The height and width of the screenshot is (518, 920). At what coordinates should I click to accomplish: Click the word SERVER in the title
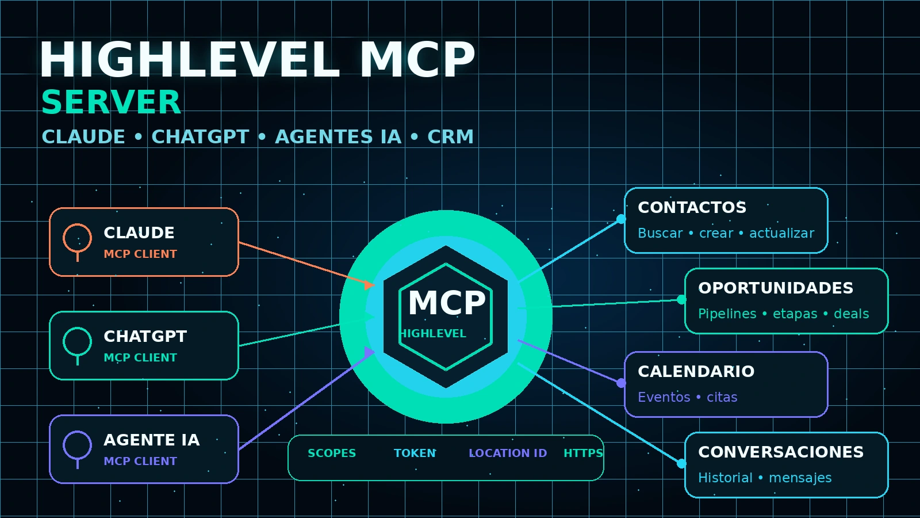pos(111,102)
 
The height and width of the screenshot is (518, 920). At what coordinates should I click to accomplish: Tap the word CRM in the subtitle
pos(451,137)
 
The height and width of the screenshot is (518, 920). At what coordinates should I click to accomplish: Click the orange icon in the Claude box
pos(77,242)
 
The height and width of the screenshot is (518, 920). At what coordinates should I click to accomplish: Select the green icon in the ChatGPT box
pos(77,346)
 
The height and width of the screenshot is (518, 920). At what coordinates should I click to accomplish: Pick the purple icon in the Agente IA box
pos(77,450)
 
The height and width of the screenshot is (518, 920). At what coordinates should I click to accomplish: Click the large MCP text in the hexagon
pos(447,303)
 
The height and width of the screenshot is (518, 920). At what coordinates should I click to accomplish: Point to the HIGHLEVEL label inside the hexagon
pos(434,333)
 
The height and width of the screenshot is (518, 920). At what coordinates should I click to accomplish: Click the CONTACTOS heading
pos(692,208)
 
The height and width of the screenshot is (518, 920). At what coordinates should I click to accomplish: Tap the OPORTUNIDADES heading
pos(776,288)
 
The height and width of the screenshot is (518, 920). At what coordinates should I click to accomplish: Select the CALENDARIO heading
pos(696,372)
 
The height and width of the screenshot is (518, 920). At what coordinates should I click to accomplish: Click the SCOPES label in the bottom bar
pos(332,453)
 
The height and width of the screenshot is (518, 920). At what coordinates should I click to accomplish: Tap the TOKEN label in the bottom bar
pos(415,453)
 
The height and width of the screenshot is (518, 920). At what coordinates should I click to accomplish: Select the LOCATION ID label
pos(508,453)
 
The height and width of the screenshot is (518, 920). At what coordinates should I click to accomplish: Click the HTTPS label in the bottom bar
pos(583,453)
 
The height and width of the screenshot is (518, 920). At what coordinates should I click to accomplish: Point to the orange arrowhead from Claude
pos(369,284)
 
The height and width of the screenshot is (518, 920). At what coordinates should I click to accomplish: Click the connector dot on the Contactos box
pos(622,219)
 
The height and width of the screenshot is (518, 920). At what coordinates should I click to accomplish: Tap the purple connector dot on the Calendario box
pos(622,383)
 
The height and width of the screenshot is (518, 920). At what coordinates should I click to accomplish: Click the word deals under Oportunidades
pos(852,314)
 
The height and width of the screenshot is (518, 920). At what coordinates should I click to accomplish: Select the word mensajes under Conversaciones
pos(800,478)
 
